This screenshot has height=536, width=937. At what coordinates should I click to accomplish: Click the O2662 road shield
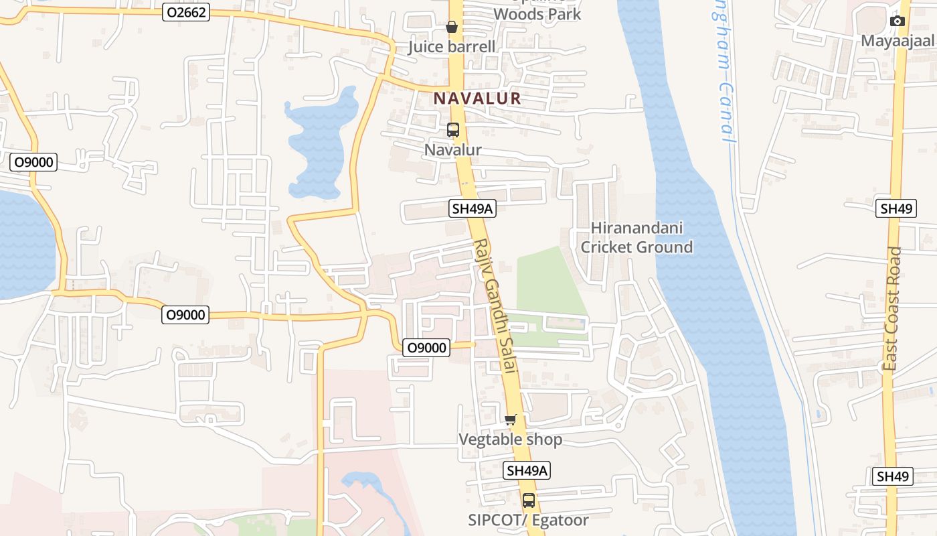pyautogui.click(x=186, y=12)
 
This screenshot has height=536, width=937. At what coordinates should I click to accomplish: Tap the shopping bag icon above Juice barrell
pyautogui.click(x=452, y=27)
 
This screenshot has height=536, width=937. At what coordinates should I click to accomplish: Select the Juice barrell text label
pyautogui.click(x=452, y=46)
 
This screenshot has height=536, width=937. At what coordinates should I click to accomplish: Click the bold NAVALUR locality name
pyautogui.click(x=477, y=98)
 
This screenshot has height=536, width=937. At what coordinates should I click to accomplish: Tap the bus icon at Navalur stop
pyautogui.click(x=453, y=130)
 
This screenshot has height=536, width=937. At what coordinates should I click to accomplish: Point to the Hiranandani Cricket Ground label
pyautogui.click(x=636, y=237)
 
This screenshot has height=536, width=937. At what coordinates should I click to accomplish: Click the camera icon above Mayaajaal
pyautogui.click(x=898, y=21)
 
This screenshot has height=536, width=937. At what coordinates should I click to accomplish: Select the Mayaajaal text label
pyautogui.click(x=897, y=40)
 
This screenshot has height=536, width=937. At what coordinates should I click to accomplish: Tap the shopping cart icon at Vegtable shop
pyautogui.click(x=511, y=420)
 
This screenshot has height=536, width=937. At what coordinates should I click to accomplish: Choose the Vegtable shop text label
pyautogui.click(x=510, y=440)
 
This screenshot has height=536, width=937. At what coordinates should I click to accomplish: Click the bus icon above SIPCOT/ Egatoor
pyautogui.click(x=529, y=500)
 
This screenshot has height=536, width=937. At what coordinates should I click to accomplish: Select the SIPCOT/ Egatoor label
pyautogui.click(x=528, y=520)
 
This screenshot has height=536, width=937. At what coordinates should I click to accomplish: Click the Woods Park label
pyautogui.click(x=537, y=13)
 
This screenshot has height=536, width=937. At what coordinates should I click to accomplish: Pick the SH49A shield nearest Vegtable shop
pyautogui.click(x=527, y=470)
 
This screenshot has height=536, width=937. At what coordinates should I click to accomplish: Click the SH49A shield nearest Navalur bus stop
pyautogui.click(x=473, y=208)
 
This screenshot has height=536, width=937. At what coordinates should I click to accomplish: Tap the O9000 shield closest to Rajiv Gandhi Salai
pyautogui.click(x=426, y=347)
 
